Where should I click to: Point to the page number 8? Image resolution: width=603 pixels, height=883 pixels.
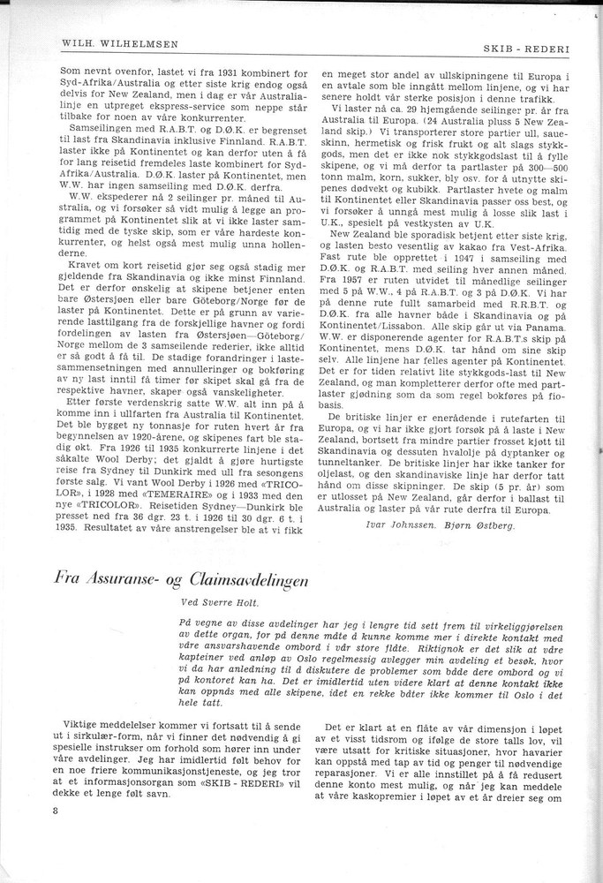coord(55,811)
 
